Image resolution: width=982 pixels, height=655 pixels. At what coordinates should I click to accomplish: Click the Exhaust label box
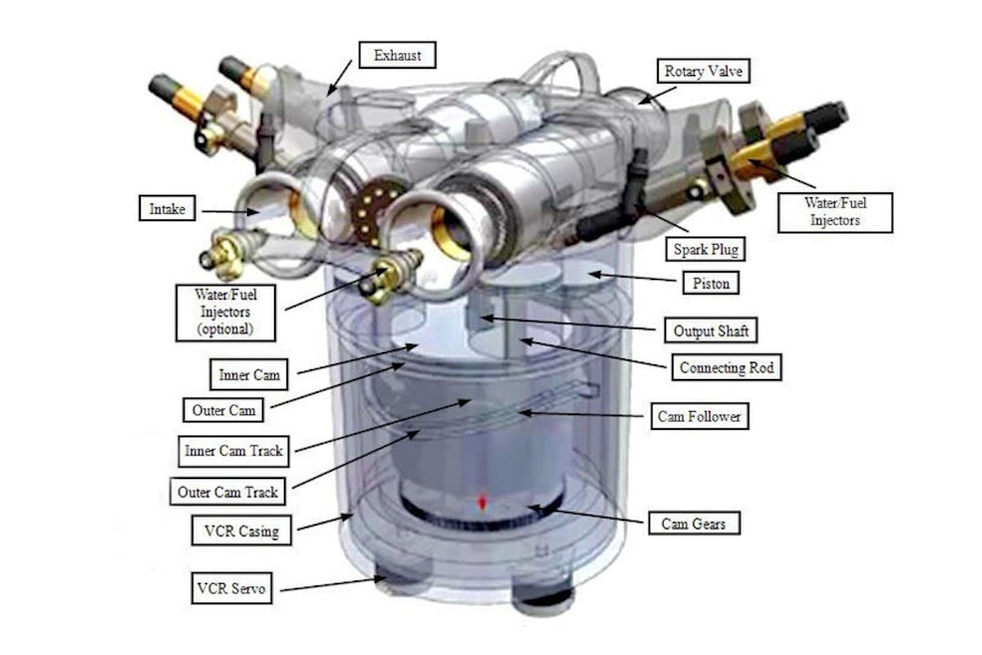[x=397, y=55]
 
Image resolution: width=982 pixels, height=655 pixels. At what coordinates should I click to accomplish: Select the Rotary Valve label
[x=703, y=70]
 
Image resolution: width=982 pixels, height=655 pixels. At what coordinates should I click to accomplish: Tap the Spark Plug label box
[x=705, y=249]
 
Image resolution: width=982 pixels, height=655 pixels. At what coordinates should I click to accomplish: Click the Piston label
[x=710, y=283]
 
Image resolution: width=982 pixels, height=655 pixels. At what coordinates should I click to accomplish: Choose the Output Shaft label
[x=710, y=330]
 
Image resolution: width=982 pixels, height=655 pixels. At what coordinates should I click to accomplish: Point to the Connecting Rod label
[x=727, y=367]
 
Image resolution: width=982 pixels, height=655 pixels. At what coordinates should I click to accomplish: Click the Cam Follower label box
[x=699, y=416]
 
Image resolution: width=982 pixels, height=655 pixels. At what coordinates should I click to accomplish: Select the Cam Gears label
[x=694, y=523]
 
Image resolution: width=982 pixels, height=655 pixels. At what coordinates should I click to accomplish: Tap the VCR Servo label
[x=232, y=588]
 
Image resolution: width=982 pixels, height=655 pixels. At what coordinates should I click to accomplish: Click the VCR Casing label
[x=241, y=531]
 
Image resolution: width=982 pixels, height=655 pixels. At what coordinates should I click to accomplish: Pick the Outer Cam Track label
[x=227, y=491]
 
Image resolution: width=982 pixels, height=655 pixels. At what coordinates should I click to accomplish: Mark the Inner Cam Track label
[x=234, y=451]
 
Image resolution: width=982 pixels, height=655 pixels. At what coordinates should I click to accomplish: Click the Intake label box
[x=167, y=208]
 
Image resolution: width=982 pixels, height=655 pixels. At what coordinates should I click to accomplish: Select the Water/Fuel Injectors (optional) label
[x=226, y=313]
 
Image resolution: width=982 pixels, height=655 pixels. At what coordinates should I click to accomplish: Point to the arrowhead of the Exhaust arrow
[x=331, y=91]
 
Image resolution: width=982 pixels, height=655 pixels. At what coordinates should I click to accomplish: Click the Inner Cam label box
[x=249, y=374]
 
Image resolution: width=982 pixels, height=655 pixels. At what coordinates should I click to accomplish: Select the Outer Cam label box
[x=223, y=410]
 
